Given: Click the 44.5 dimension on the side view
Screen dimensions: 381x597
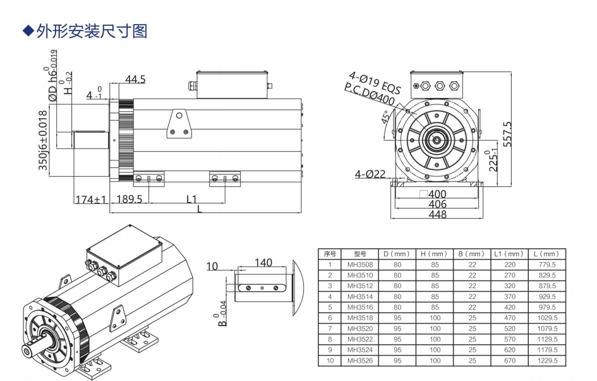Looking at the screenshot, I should (135, 79).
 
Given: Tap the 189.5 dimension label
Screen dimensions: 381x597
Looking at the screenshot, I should (130, 199).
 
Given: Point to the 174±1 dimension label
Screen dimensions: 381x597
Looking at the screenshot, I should (91, 199).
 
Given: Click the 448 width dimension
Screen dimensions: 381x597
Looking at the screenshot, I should (437, 215).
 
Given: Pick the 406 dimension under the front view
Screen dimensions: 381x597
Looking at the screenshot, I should (437, 204).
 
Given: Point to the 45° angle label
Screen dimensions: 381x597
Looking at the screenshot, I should (386, 118).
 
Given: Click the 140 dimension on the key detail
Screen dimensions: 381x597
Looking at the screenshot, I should (263, 262).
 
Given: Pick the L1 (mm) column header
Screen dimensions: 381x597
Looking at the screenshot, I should (509, 253).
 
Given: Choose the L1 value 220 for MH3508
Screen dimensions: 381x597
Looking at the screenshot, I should (509, 264).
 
